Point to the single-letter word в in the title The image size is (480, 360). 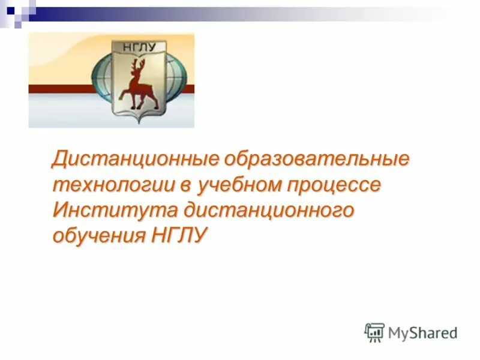tap(187, 185)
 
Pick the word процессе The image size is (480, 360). tap(338, 185)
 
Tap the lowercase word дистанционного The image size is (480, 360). tap(270, 210)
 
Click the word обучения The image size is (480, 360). tap(97, 235)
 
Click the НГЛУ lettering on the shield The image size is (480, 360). tap(141, 47)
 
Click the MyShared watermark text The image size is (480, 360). tap(422, 332)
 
